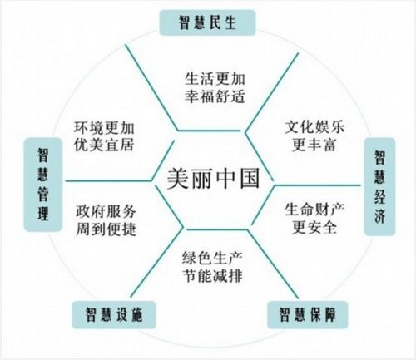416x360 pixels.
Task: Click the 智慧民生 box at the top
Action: (207, 22)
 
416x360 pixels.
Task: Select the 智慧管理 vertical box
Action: (43, 185)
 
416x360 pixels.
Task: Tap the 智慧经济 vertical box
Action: (379, 186)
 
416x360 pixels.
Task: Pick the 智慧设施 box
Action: (114, 315)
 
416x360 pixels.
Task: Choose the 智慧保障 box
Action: (307, 314)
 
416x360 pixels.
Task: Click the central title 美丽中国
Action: (213, 179)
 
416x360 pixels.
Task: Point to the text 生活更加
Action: (215, 79)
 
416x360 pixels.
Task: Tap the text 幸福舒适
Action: (215, 96)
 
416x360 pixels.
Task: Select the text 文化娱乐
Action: (314, 127)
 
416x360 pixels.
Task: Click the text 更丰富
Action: (314, 145)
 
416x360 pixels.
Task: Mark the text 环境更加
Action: (104, 128)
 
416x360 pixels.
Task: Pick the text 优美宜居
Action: (104, 145)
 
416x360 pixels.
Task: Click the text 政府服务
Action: (106, 212)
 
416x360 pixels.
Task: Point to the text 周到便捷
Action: (106, 229)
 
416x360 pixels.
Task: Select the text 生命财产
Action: (314, 210)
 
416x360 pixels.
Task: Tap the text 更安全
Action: (314, 227)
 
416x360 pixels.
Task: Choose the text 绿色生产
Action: (212, 258)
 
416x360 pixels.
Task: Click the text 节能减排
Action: (212, 276)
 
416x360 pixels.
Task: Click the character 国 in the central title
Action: (250, 179)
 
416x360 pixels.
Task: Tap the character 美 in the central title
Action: (177, 179)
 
